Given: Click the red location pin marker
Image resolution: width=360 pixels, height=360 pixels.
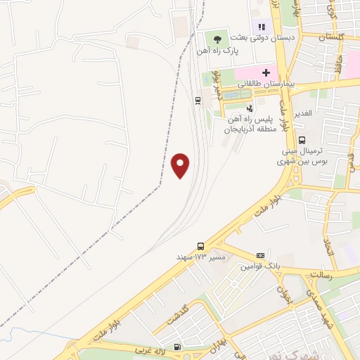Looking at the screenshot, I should (x=181, y=165).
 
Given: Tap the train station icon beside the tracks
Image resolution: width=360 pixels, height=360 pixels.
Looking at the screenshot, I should (x=198, y=101).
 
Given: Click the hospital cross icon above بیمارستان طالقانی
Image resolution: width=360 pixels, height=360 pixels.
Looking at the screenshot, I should (x=266, y=72).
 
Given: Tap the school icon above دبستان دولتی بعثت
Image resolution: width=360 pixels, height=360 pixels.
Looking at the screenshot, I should (x=262, y=27).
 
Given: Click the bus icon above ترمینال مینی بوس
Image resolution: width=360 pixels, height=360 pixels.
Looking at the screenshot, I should (x=302, y=140).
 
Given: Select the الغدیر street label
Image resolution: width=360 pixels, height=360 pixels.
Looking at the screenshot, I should (x=307, y=113).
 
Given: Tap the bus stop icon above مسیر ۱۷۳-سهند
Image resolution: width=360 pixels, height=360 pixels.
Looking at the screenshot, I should (x=202, y=246).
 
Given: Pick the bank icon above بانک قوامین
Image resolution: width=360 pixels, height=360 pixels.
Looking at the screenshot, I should (x=261, y=255).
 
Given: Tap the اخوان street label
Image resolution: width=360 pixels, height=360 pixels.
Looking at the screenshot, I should (x=283, y=289).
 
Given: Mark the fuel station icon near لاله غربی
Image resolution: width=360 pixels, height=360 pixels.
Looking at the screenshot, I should (x=176, y=346).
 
